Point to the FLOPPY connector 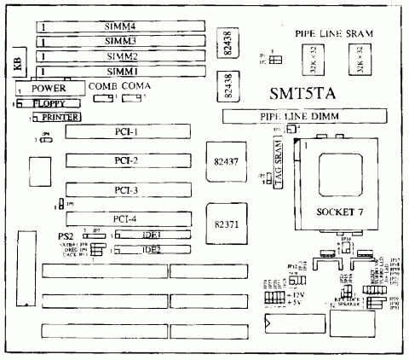click(x=46, y=102)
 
